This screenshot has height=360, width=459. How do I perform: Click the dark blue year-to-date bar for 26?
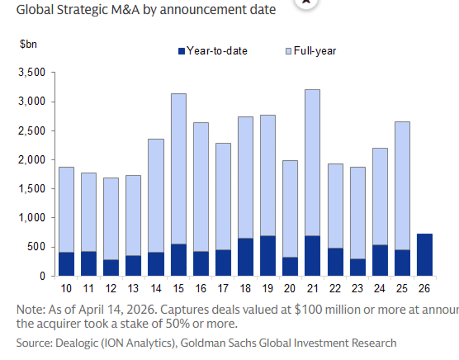click(424, 255)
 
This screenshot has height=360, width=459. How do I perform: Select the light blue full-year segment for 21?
click(312, 163)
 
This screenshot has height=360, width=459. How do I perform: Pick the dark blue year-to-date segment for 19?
click(267, 256)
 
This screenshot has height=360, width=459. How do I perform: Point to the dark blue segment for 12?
click(111, 268)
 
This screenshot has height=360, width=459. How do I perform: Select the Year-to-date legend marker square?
click(182, 51)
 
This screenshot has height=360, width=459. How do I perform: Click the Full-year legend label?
click(314, 51)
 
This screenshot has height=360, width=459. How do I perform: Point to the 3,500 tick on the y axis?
click(32, 72)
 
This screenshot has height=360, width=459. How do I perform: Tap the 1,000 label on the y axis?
click(32, 218)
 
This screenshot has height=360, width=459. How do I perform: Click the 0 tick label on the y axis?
click(43, 276)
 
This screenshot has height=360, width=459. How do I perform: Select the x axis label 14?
click(156, 288)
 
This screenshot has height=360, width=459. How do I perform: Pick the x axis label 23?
click(357, 288)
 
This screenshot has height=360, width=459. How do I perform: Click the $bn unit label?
click(28, 44)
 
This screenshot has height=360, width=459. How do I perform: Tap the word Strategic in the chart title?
click(82, 9)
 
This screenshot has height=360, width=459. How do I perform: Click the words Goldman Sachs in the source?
click(219, 343)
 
